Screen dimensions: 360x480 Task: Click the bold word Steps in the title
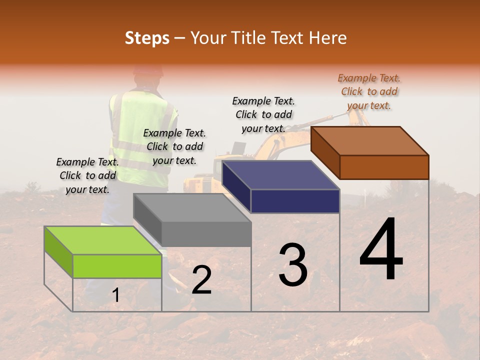[x=147, y=38]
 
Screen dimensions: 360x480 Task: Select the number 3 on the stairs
[x=293, y=265]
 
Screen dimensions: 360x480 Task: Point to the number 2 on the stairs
[x=201, y=280]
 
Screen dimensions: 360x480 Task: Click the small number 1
[x=115, y=295]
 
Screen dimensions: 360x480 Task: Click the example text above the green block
[x=87, y=175]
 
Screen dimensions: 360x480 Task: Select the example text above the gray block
[x=174, y=146]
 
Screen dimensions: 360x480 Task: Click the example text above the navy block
[x=263, y=114]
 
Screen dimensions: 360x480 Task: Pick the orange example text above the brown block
[x=369, y=91]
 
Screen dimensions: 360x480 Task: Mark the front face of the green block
[x=117, y=266]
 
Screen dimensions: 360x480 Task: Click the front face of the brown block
[x=384, y=167]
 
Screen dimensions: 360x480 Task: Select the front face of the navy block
[x=295, y=201]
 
